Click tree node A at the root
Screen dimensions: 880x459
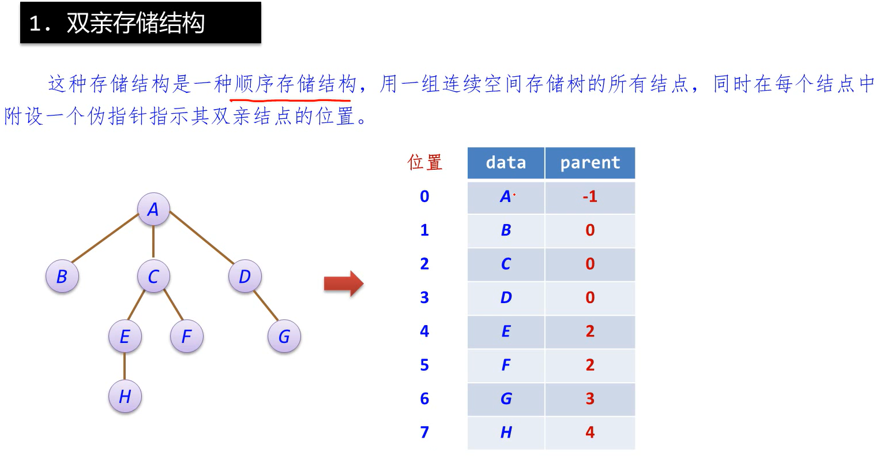click(x=153, y=209)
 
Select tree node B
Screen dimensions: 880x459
click(x=62, y=276)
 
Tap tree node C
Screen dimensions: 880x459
click(x=153, y=277)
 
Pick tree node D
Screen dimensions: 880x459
click(x=245, y=277)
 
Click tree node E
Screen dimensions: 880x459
click(x=125, y=336)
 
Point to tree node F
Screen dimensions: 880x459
click(x=186, y=336)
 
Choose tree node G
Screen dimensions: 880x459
click(x=284, y=336)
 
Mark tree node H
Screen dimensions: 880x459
click(x=125, y=396)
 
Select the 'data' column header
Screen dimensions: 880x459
click(x=506, y=163)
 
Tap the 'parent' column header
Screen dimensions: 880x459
click(x=590, y=163)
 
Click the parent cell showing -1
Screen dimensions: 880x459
click(x=590, y=197)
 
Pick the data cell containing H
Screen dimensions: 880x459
click(x=506, y=432)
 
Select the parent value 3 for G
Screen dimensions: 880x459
click(x=590, y=399)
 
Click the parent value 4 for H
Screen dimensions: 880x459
click(x=590, y=432)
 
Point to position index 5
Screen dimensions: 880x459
click(x=424, y=365)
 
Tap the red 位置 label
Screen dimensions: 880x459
click(x=425, y=162)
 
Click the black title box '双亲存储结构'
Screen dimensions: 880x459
click(x=140, y=23)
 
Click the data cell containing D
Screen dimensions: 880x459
click(x=506, y=298)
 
